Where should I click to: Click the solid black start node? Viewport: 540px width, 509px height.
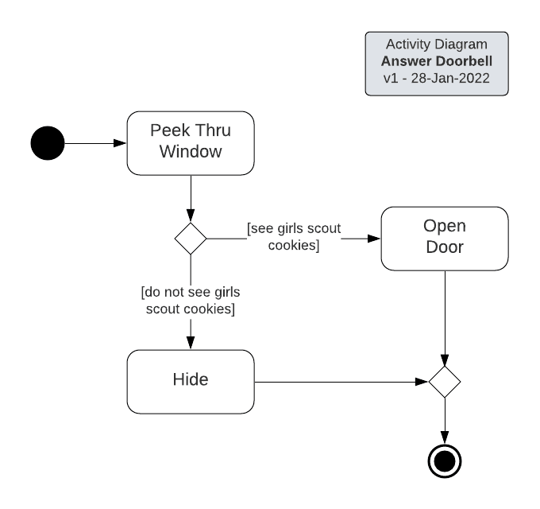tap(47, 143)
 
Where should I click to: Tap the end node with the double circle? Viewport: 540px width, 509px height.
tap(445, 460)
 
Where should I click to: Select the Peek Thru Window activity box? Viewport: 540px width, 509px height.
tap(191, 142)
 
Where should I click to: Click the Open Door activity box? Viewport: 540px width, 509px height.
tap(445, 238)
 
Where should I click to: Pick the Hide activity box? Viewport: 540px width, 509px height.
tap(191, 381)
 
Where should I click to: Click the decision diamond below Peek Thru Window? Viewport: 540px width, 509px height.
tap(191, 238)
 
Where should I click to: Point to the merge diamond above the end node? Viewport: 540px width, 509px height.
tap(445, 382)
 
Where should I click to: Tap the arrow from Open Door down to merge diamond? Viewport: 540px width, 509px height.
tap(445, 318)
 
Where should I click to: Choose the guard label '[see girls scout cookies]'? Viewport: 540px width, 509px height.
tap(294, 237)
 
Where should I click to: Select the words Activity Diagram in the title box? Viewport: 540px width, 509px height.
tap(436, 45)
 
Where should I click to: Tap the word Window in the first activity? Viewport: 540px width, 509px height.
tap(191, 151)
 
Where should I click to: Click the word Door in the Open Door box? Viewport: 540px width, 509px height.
tap(445, 247)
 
